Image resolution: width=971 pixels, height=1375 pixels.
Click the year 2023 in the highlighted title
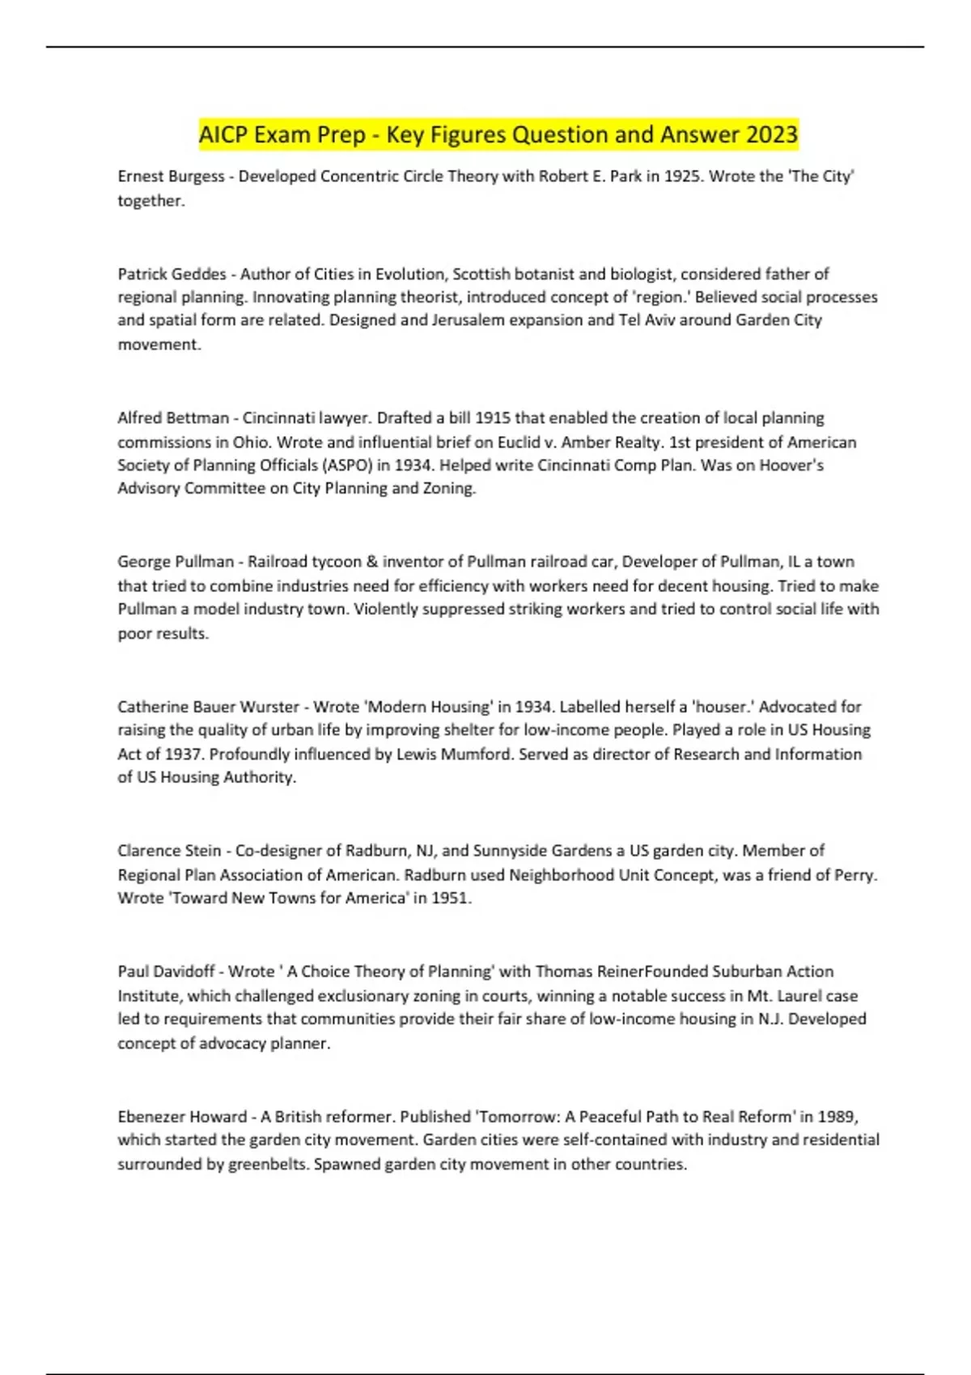coord(772,134)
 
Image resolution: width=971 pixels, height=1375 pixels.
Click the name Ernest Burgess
coord(171,176)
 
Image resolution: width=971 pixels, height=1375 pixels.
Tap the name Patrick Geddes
coord(172,274)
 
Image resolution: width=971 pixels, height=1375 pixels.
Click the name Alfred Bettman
coord(173,418)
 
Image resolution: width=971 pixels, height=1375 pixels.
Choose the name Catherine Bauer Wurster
coord(208,707)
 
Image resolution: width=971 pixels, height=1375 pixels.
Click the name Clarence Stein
coord(169,851)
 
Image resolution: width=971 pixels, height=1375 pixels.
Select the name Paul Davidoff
coord(166,971)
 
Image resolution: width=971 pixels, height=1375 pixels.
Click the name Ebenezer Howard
coord(182,1117)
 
